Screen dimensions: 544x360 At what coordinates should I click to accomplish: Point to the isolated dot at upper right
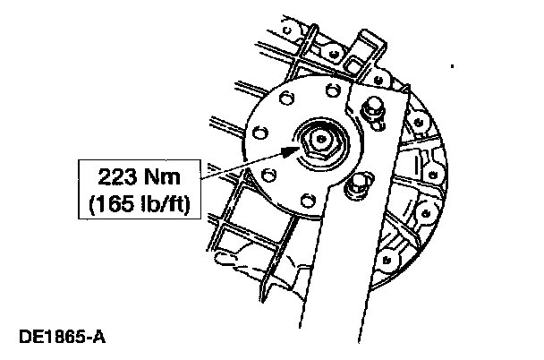pyautogui.click(x=454, y=66)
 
